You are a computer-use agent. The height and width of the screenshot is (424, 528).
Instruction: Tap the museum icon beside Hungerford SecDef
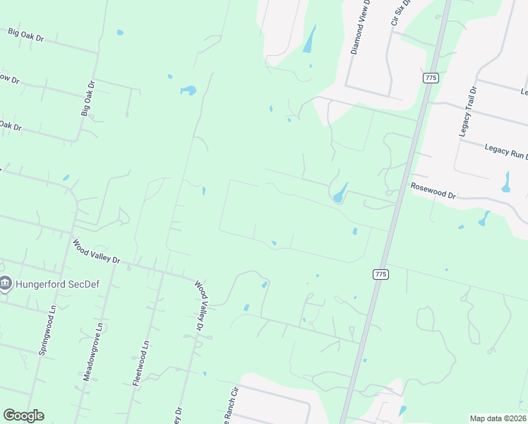point(6,284)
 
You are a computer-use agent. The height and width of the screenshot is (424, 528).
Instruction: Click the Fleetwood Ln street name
point(141,363)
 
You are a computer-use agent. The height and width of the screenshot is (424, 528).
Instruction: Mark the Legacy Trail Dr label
point(467,112)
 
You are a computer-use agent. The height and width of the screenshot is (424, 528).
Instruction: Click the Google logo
point(23,416)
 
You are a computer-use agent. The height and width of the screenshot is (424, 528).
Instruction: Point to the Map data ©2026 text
point(497,418)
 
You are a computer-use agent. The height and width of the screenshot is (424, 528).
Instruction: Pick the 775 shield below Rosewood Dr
point(380,273)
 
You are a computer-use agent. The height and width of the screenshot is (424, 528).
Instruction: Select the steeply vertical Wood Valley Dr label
point(202,306)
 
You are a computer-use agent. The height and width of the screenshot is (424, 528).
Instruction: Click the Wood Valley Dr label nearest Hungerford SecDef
point(97,252)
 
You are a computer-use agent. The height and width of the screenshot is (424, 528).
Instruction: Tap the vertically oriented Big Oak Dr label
point(88,98)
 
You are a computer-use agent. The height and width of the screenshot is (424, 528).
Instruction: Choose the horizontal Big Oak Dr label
point(26,35)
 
